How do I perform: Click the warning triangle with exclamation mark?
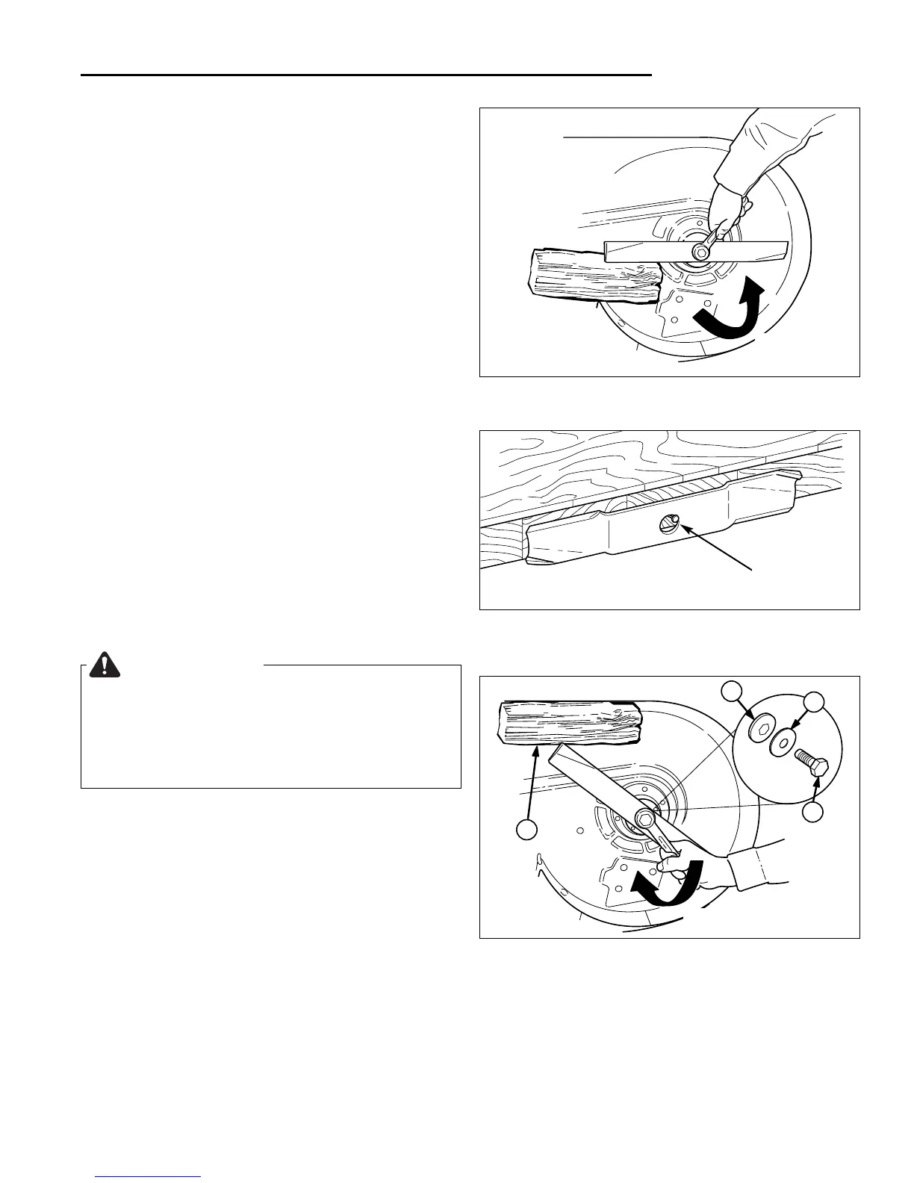point(105,664)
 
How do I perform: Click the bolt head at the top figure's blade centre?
point(700,252)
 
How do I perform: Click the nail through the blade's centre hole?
point(668,523)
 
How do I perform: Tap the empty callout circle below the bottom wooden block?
point(528,830)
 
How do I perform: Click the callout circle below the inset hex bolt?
point(815,812)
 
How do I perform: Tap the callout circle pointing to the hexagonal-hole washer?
point(732,692)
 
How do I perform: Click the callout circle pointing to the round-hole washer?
point(814,701)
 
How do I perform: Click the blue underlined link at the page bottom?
point(149,1176)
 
